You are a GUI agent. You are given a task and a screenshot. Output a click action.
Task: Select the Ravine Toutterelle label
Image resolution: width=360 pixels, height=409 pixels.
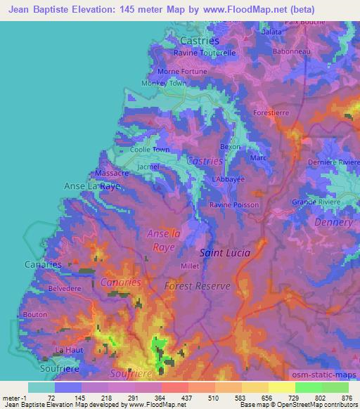(x=205, y=53)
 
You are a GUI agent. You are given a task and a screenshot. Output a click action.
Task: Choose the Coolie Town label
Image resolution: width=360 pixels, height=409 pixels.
(x=150, y=150)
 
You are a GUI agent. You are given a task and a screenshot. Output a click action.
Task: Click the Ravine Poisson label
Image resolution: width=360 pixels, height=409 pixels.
(x=234, y=204)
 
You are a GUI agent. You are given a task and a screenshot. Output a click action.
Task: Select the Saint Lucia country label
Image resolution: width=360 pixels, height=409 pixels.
(x=225, y=252)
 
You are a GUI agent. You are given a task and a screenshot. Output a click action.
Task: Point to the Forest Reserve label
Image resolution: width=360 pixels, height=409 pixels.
(x=198, y=286)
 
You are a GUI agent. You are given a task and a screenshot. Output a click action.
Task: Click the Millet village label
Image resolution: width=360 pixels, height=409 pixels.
(x=190, y=266)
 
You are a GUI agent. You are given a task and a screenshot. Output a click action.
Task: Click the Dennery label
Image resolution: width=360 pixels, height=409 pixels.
(x=334, y=222)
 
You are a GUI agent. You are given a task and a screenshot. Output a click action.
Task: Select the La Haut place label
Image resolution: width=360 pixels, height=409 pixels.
(x=70, y=350)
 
